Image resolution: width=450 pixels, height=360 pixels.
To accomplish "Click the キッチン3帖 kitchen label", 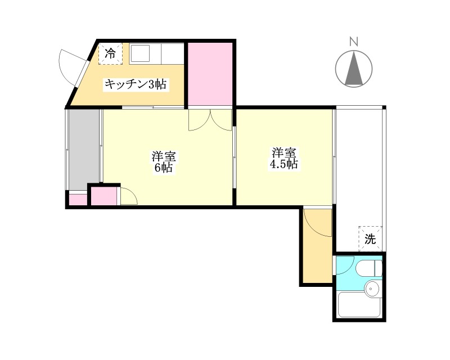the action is point(135,84).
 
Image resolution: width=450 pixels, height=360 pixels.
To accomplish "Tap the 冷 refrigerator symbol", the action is point(110,53).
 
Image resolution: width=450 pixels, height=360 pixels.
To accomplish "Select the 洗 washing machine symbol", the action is point(370,238).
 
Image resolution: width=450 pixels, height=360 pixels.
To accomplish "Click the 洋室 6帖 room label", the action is point(164,161).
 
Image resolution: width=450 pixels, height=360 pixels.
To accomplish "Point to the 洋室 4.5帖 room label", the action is point(283,158).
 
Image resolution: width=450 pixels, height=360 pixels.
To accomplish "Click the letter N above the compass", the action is point(354,42).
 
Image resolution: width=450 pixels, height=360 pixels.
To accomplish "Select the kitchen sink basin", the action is point(139,53).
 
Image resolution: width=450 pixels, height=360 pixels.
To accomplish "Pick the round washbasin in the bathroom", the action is point(372,288).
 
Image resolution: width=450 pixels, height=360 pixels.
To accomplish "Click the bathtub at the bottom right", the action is point(359,304).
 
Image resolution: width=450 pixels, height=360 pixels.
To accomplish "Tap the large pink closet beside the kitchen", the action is point(210,74).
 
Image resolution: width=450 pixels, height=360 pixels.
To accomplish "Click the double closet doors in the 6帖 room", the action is point(210,120).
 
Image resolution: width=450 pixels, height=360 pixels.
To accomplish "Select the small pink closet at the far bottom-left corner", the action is point(78,200).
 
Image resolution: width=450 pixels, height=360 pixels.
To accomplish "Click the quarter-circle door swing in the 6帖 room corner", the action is point(129,196).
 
